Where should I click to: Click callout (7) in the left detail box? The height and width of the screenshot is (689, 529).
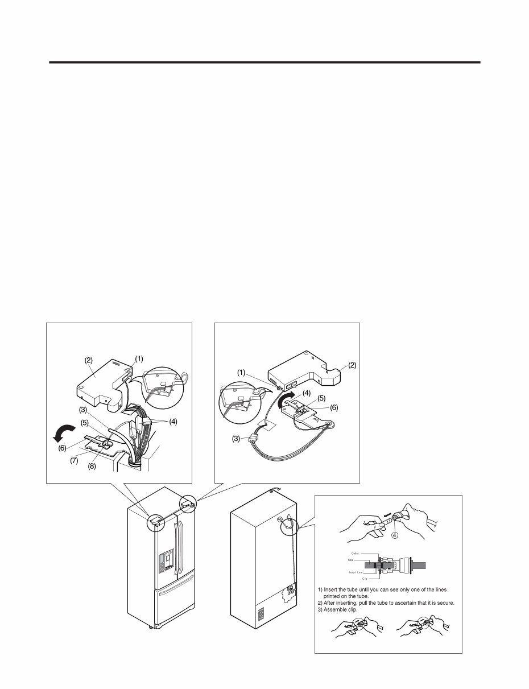[75, 460]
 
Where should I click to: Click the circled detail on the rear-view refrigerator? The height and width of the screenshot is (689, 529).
[289, 524]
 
